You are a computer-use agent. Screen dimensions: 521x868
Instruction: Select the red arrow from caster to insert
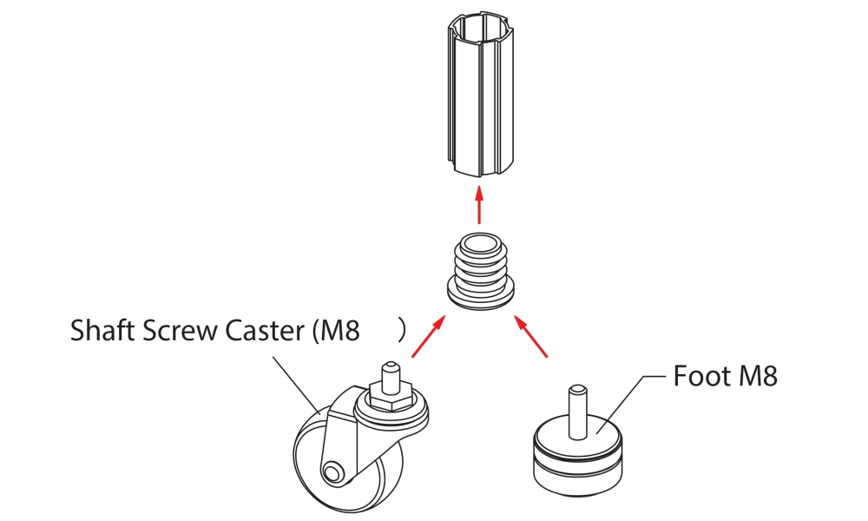click(x=428, y=337)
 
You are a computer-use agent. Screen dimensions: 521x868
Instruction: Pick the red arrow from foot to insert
click(x=532, y=337)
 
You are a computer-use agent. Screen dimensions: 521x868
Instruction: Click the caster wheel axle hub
click(x=331, y=472)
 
